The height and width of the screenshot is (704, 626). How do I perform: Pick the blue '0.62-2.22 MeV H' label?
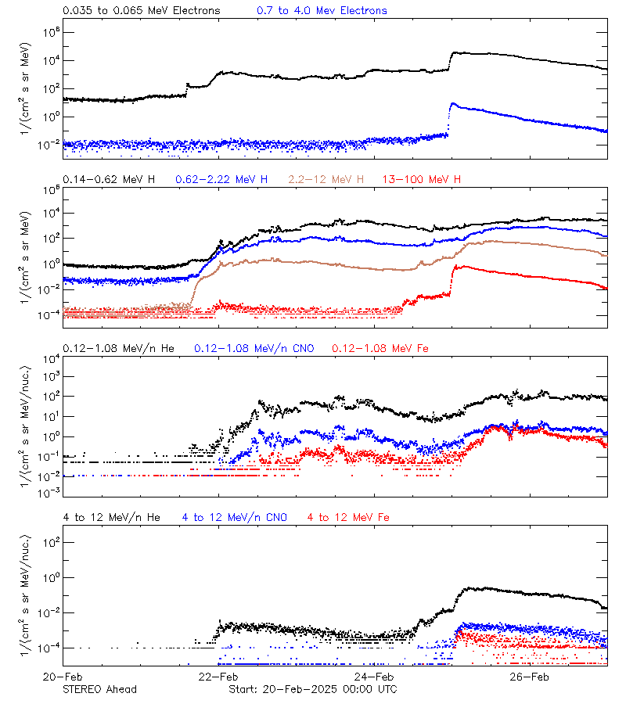(225, 180)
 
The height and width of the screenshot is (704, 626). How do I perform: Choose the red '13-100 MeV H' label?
(422, 180)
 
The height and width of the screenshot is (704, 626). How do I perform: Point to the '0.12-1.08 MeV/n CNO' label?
(254, 348)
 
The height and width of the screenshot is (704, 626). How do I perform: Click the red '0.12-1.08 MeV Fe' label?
(380, 348)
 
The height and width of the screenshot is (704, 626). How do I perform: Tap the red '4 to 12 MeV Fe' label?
(348, 517)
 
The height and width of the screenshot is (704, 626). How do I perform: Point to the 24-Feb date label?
(374, 677)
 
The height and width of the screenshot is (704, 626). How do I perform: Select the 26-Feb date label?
(530, 677)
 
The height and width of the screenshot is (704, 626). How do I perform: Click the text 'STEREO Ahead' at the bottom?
(99, 689)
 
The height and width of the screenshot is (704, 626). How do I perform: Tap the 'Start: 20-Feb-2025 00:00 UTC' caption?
(312, 689)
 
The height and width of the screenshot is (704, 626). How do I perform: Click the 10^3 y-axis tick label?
(49, 376)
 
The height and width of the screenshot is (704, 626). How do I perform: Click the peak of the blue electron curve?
(452, 103)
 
